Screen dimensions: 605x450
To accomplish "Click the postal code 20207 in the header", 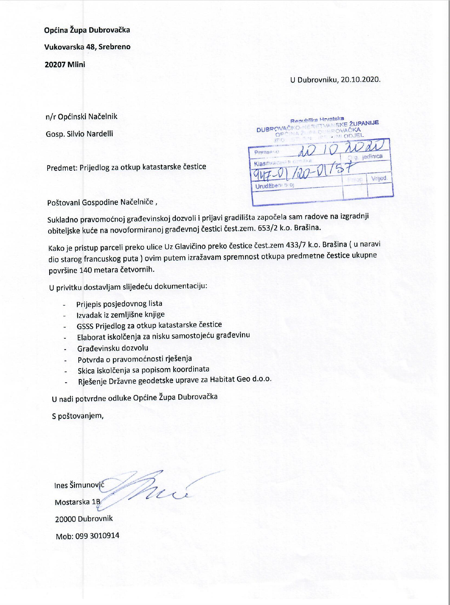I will [x=55, y=64].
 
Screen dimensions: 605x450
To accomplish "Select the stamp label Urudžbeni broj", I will [x=274, y=186].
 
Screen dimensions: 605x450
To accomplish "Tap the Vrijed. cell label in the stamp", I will [x=379, y=178].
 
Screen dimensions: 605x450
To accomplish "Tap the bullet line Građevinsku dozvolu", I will [x=113, y=348].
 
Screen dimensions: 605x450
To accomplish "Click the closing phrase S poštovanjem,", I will [x=78, y=416].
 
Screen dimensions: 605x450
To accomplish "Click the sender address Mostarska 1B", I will [x=78, y=502].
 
